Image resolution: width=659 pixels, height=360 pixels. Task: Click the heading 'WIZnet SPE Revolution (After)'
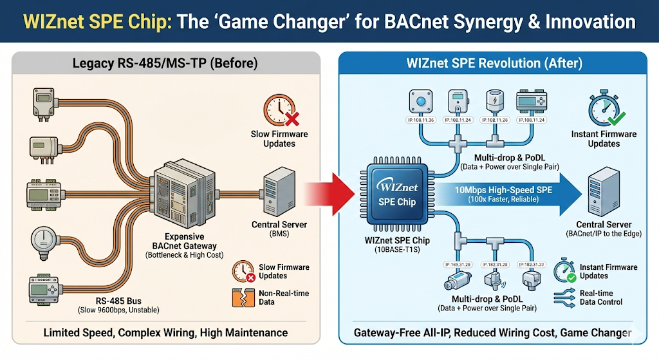coord(494,63)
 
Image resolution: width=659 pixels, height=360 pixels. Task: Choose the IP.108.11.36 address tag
coord(422,120)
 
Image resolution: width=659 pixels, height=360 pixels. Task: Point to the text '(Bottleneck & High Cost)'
coord(186,255)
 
